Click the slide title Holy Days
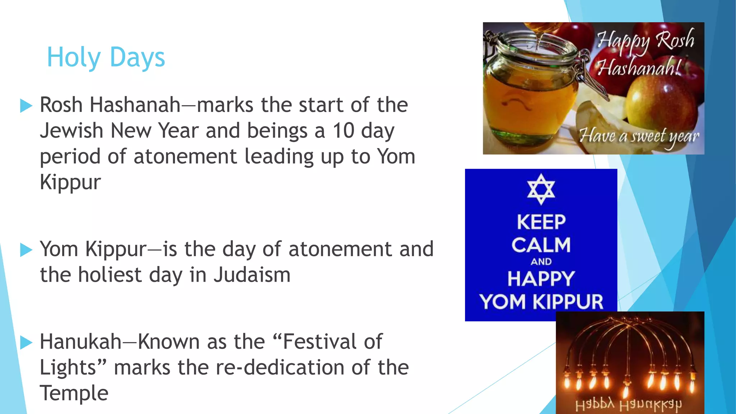[106, 57]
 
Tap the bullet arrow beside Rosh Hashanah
[26, 106]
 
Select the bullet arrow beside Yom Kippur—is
[26, 250]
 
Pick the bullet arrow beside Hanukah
[26, 342]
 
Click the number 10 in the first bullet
[343, 130]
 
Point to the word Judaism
[252, 275]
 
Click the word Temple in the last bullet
[74, 393]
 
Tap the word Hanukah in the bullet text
[80, 342]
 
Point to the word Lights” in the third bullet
[73, 368]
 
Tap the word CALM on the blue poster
[541, 245]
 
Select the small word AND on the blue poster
[541, 262]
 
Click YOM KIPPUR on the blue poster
[541, 302]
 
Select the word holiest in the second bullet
[110, 275]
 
